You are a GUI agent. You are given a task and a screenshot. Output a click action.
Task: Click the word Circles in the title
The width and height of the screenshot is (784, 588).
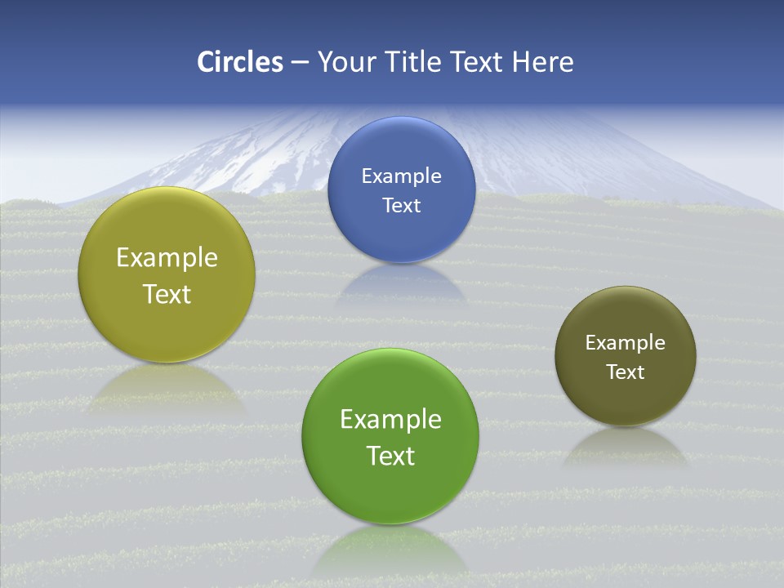pyautogui.click(x=240, y=62)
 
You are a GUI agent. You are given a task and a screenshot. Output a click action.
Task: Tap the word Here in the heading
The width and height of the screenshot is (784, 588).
pyautogui.click(x=542, y=62)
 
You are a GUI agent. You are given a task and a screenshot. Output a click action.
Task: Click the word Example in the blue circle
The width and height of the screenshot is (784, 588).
pyautogui.click(x=401, y=176)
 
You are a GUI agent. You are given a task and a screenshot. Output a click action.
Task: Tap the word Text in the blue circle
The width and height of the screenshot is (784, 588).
pyautogui.click(x=401, y=206)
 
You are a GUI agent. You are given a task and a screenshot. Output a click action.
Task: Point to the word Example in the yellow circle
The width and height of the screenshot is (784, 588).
pyautogui.click(x=167, y=258)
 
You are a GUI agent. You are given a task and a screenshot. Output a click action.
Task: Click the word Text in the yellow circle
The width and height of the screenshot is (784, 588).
pyautogui.click(x=167, y=294)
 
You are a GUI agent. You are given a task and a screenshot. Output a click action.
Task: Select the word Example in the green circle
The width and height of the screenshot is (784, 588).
pyautogui.click(x=390, y=420)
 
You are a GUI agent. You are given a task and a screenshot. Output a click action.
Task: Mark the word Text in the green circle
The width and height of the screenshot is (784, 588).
pyautogui.click(x=390, y=456)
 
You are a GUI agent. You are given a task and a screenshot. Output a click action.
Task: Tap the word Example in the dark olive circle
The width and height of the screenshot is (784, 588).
pyautogui.click(x=626, y=343)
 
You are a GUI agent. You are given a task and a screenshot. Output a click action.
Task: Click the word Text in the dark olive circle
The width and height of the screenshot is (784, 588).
pyautogui.click(x=626, y=372)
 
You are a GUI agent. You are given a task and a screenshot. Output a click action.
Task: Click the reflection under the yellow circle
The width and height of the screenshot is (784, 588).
pyautogui.click(x=167, y=387)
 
